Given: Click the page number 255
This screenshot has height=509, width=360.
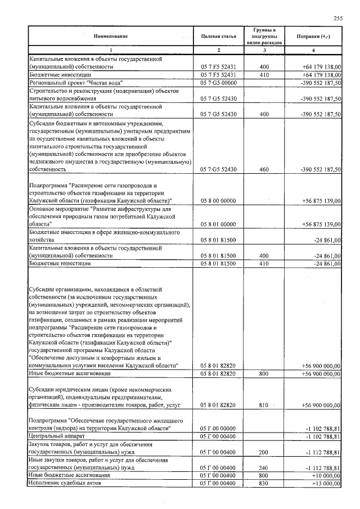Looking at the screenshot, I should pyautogui.click(x=338, y=18).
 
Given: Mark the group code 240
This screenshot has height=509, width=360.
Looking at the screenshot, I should pyautogui.click(x=264, y=467).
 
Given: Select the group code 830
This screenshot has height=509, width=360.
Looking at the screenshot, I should pyautogui.click(x=264, y=483).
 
